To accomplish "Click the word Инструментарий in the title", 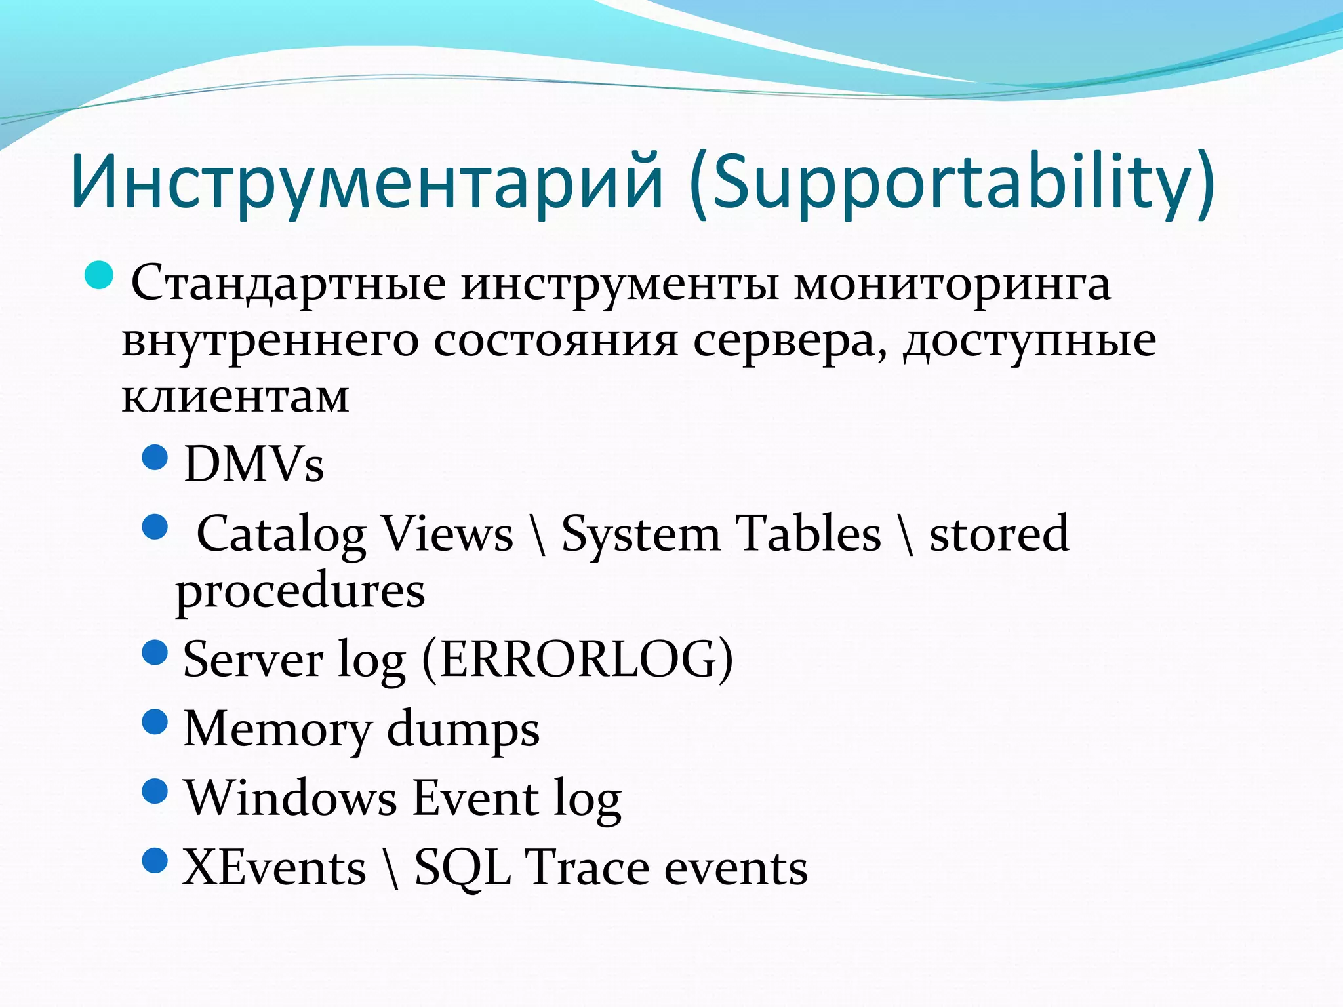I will click(x=367, y=180).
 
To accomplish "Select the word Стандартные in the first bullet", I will click(x=289, y=283).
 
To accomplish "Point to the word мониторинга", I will click(x=952, y=283).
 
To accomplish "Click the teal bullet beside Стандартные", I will click(x=100, y=275).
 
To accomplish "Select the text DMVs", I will click(x=254, y=464).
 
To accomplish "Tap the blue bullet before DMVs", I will click(x=155, y=457).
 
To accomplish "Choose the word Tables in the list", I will click(x=808, y=533).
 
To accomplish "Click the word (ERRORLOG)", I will click(x=577, y=658).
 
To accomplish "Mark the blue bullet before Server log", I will click(x=155, y=652).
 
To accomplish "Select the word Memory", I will click(x=277, y=729).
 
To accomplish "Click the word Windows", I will click(x=291, y=798).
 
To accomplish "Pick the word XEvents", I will click(x=274, y=867).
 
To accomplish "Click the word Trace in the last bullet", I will click(x=587, y=867).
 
